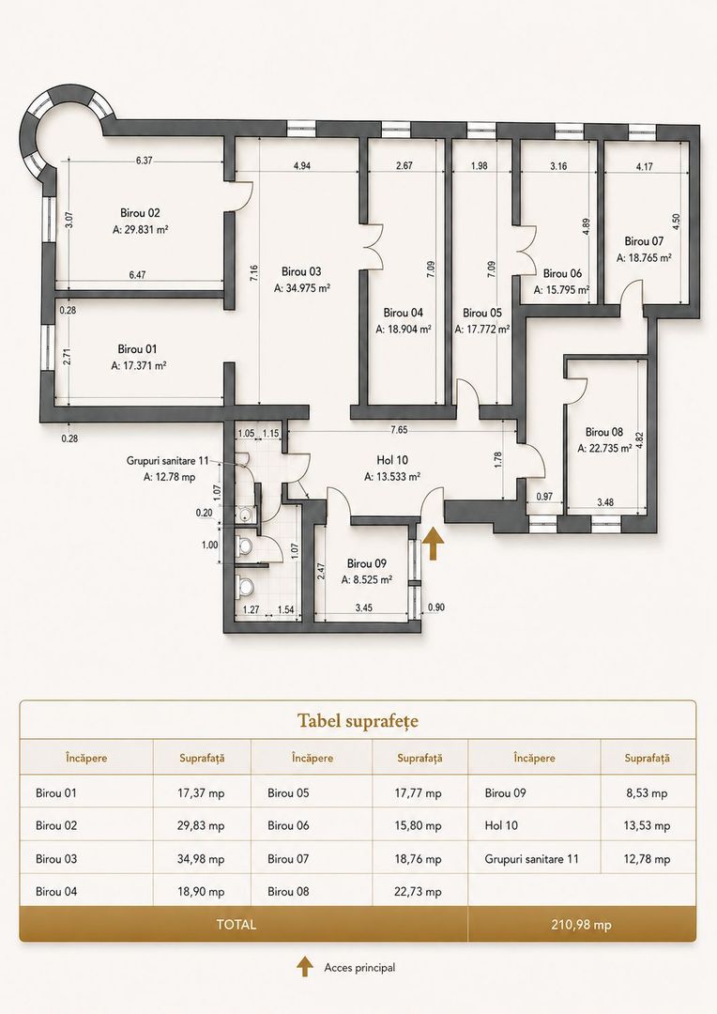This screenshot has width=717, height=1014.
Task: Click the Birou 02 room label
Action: [x=140, y=213]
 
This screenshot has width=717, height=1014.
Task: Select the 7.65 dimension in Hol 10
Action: [x=398, y=429]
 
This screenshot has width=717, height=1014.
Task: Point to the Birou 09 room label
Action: [x=367, y=563]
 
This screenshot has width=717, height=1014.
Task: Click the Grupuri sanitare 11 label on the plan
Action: [x=167, y=461]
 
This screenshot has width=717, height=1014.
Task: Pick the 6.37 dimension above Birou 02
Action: [x=145, y=161]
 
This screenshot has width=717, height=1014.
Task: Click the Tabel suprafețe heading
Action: [x=358, y=721]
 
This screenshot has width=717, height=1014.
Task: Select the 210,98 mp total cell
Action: [x=581, y=925]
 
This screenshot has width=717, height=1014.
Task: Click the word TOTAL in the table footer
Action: [x=236, y=925]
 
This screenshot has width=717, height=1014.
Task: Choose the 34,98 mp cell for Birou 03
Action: [x=201, y=859]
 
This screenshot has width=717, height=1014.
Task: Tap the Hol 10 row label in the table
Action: [x=501, y=826]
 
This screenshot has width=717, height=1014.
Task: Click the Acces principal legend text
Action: [x=359, y=967]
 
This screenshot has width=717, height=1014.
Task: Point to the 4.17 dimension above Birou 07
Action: [x=644, y=166]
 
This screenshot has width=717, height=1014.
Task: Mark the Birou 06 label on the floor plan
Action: [x=562, y=273]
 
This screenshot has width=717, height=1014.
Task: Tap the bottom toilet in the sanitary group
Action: [x=244, y=587]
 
